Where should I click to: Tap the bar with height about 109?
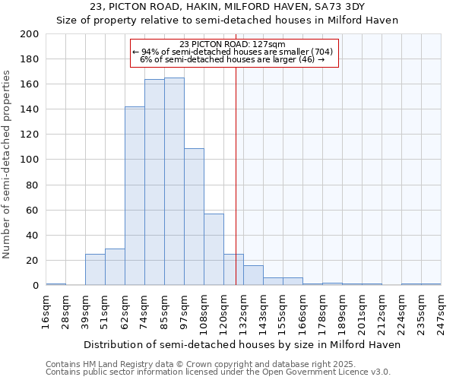coord(194,217)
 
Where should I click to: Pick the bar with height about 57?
coord(214,249)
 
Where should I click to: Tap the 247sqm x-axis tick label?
coord(441,312)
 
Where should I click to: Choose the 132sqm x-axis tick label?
coord(244,312)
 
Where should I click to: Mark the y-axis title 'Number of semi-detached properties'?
coord(8,165)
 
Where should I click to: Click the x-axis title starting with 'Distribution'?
coord(242,344)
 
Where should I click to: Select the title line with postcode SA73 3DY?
coord(228,7)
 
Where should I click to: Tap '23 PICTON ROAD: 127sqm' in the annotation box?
coord(233,44)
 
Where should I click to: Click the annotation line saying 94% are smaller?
coord(233,52)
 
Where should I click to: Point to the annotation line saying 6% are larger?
coord(233,59)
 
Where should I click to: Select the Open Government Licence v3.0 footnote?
coord(218,372)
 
